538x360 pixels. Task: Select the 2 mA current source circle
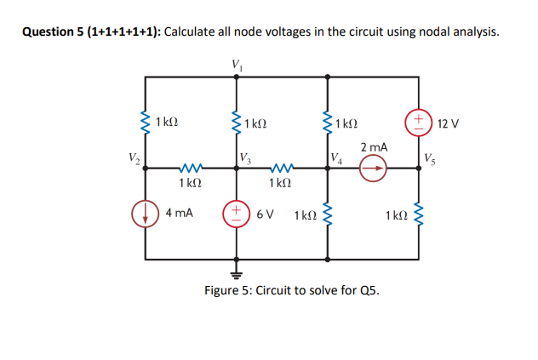[x=372, y=169]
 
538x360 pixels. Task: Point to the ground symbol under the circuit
[x=236, y=272]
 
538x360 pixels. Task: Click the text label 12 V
[x=448, y=124]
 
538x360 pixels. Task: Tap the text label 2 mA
[x=374, y=148]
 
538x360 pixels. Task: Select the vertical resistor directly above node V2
[x=146, y=123]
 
